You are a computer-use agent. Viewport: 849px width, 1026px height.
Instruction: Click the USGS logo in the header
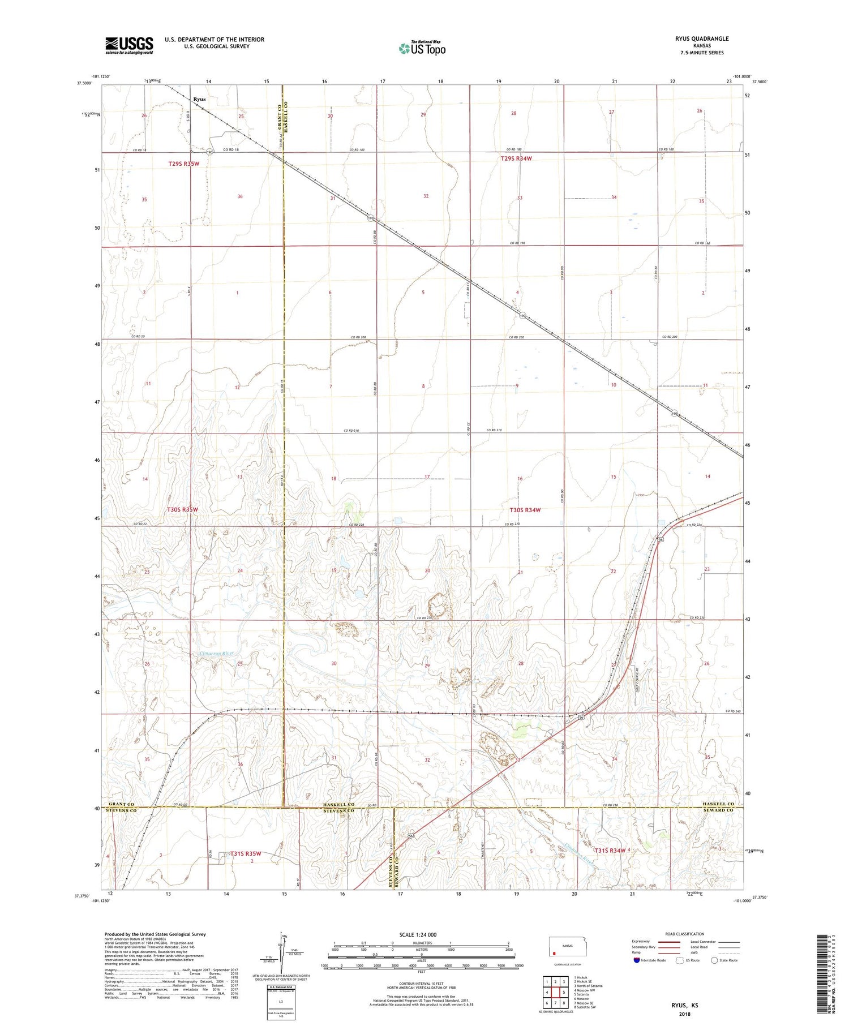[x=129, y=45]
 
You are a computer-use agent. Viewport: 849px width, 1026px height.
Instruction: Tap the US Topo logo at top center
[x=422, y=48]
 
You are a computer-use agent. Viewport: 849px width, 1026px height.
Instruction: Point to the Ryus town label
[x=199, y=99]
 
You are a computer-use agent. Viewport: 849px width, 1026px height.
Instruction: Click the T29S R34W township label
[x=516, y=158]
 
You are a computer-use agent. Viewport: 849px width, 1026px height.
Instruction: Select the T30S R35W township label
[x=182, y=509]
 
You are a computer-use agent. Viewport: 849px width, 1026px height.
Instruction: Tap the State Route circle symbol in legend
[x=715, y=960]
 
